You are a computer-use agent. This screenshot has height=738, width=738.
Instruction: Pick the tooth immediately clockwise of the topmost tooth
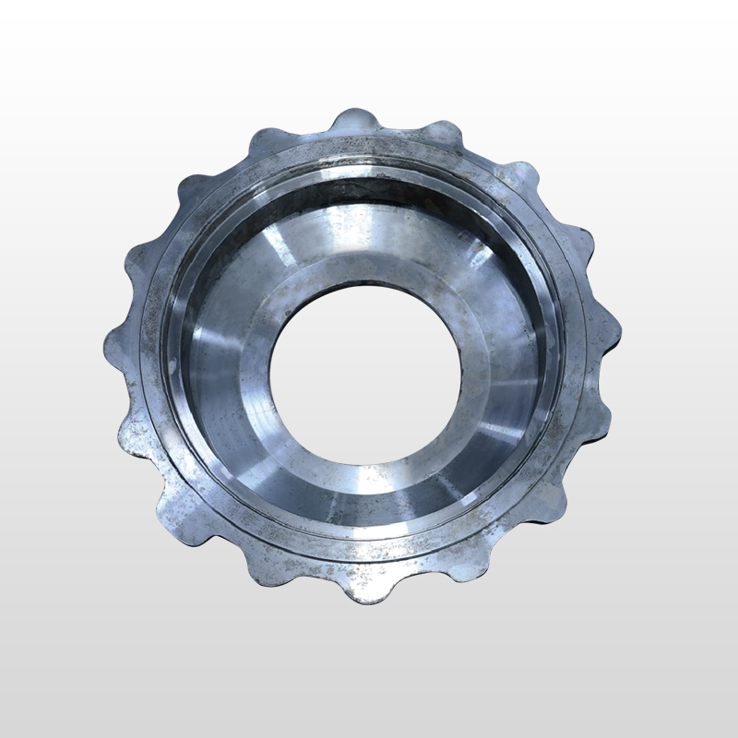tap(448, 135)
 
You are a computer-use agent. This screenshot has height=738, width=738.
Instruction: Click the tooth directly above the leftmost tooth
tap(138, 253)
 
